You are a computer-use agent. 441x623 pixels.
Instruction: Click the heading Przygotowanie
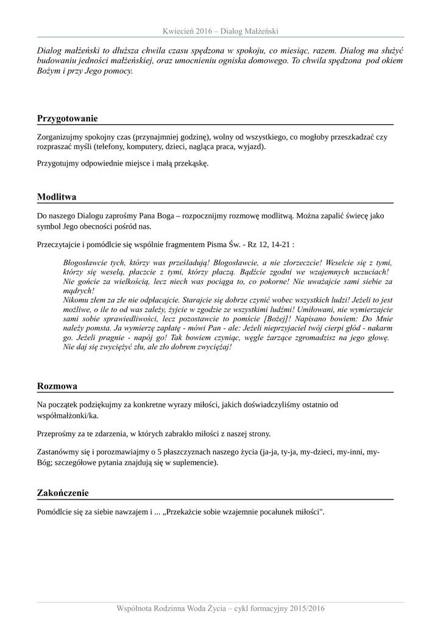tap(67, 118)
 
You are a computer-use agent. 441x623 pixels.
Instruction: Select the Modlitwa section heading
tap(56, 197)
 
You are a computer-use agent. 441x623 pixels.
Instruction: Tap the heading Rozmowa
tap(57, 386)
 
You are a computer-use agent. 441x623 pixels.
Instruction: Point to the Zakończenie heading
tap(63, 493)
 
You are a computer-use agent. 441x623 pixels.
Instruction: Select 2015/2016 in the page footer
tap(306, 608)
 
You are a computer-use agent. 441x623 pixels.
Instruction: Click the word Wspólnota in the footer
tap(139, 608)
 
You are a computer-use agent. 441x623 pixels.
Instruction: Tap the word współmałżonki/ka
tap(67, 416)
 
